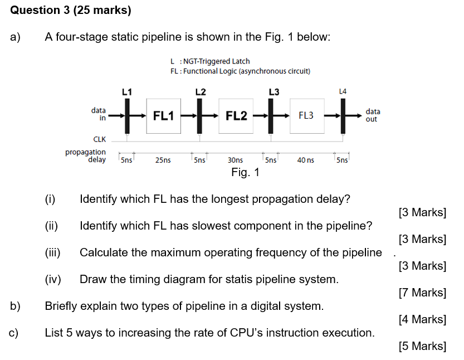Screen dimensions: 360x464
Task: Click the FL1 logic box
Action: pos(164,116)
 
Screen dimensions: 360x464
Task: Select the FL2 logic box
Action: pos(236,116)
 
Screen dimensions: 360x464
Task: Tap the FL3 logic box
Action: pos(306,116)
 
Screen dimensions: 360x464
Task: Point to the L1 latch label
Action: pos(127,91)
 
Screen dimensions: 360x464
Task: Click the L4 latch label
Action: pos(343,91)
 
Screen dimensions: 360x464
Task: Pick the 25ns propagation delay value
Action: pos(163,160)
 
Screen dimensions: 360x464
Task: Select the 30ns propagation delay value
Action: pos(236,160)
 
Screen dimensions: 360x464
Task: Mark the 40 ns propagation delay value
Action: pos(305,160)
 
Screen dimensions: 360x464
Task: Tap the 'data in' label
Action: pos(99,114)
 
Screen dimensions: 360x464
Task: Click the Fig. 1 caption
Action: pos(245,172)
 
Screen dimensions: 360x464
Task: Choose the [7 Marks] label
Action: pos(422,293)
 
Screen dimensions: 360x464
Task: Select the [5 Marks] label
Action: pos(422,346)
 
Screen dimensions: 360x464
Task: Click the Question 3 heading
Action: pos(71,10)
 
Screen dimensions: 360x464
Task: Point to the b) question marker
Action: pos(15,306)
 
